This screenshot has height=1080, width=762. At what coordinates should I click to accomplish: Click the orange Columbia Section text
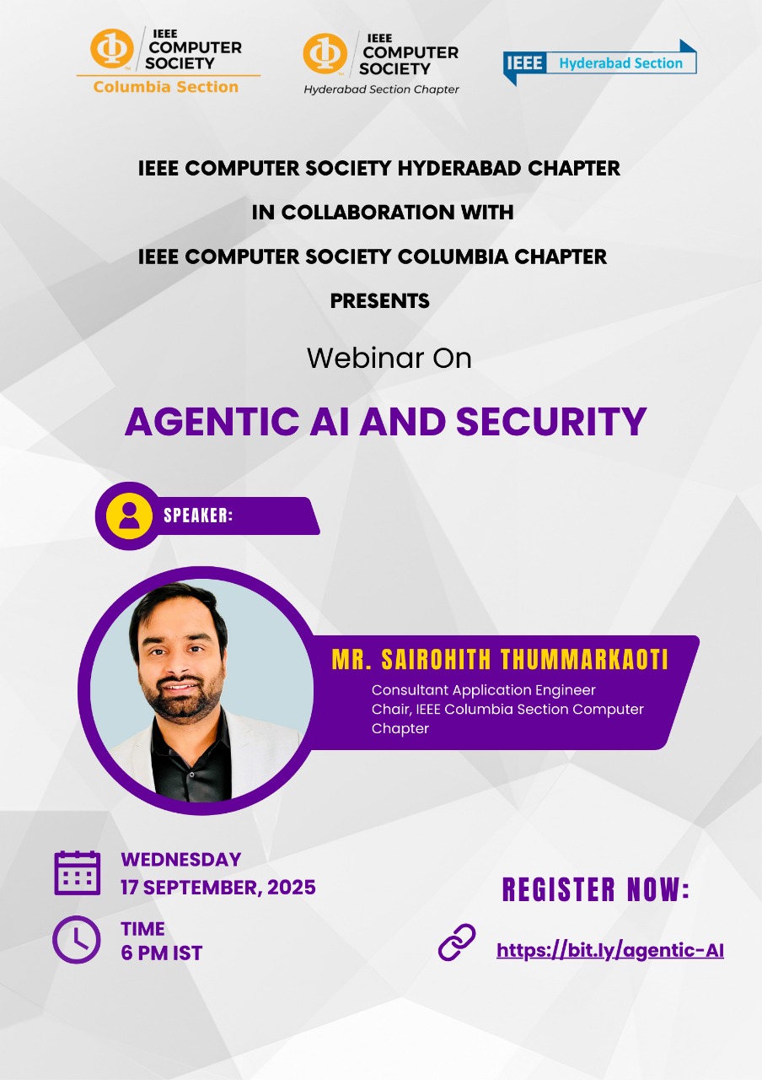pyautogui.click(x=166, y=87)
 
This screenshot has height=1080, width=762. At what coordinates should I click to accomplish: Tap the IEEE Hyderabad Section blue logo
pyautogui.click(x=599, y=62)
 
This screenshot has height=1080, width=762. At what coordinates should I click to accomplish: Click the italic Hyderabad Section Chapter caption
pyautogui.click(x=381, y=89)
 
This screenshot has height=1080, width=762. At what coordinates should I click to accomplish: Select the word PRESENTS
pyautogui.click(x=380, y=301)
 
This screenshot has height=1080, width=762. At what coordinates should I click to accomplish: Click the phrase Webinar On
pyautogui.click(x=389, y=359)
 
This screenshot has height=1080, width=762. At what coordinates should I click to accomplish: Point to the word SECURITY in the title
pyautogui.click(x=551, y=421)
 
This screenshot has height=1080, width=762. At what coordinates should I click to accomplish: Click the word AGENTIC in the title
pyautogui.click(x=212, y=421)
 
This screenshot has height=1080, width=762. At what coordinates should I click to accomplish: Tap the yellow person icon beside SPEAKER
pyautogui.click(x=129, y=516)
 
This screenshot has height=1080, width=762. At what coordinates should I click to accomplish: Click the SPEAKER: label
pyautogui.click(x=198, y=516)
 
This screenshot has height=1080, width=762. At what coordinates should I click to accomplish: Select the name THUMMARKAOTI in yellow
pyautogui.click(x=584, y=660)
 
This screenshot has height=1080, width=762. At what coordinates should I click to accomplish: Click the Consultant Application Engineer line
pyautogui.click(x=484, y=690)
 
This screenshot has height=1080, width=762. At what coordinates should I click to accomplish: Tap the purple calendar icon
pyautogui.click(x=78, y=873)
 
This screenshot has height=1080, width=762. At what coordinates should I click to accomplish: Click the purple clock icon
pyautogui.click(x=77, y=940)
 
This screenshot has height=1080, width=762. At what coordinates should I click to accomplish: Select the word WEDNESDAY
pyautogui.click(x=181, y=860)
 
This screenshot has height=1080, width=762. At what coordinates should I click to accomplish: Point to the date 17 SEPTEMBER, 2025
pyautogui.click(x=218, y=888)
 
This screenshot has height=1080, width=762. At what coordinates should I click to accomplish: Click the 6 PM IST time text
pyautogui.click(x=162, y=953)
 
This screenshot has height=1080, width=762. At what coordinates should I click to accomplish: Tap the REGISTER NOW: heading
pyautogui.click(x=596, y=889)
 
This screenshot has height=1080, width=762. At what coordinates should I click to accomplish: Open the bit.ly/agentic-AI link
pyautogui.click(x=610, y=951)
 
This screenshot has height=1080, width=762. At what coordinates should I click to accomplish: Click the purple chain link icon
pyautogui.click(x=457, y=942)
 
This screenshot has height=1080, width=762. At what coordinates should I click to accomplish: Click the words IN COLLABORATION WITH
pyautogui.click(x=383, y=213)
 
